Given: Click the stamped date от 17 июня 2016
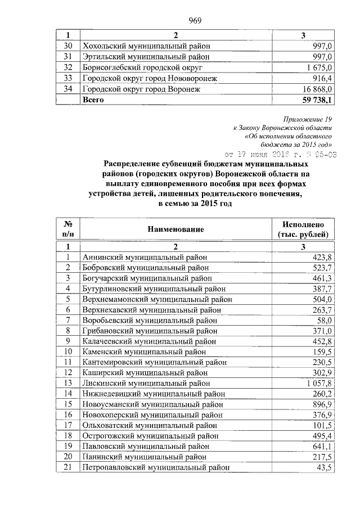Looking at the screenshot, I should click(281, 154).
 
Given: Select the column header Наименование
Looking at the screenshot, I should click(175, 229).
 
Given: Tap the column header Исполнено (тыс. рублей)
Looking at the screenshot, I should click(303, 229).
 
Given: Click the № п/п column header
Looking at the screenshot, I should click(67, 229).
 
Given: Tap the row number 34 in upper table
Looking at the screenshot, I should click(68, 89).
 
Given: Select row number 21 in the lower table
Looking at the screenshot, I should click(67, 467).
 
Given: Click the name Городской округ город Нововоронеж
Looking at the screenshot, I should click(150, 78).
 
